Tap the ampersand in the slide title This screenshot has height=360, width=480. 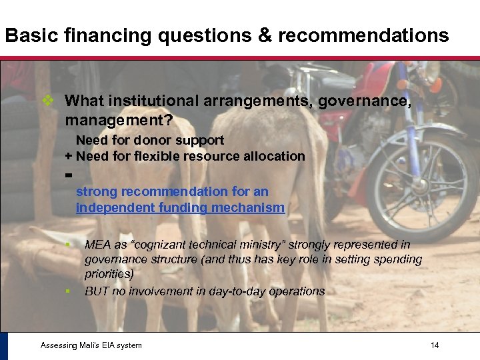(265, 35)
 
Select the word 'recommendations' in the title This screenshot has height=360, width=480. (363, 35)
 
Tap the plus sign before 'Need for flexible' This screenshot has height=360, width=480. (69, 157)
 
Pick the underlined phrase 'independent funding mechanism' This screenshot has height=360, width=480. (180, 208)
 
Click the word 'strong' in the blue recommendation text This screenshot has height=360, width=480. (95, 192)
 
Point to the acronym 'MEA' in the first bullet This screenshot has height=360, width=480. (98, 245)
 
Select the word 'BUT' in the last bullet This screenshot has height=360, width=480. (97, 291)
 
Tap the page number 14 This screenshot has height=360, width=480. (435, 345)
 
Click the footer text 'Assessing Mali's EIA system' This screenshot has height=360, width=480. (91, 345)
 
